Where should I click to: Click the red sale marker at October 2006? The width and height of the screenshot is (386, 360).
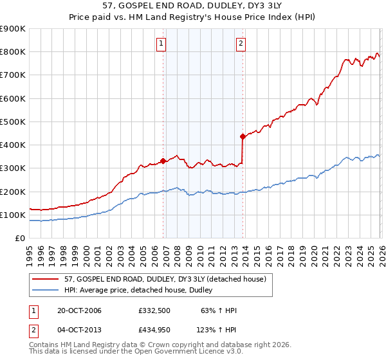163,161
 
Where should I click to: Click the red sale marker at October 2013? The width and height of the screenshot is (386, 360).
243,136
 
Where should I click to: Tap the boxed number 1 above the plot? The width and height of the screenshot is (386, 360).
160,44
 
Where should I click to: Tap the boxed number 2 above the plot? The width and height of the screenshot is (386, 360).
241,44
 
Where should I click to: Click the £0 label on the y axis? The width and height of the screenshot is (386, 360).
21,239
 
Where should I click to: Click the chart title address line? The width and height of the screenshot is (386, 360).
192,9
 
